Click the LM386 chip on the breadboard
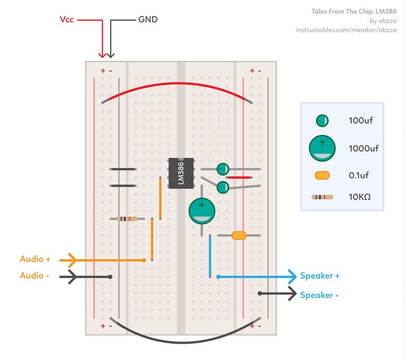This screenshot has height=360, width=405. click(x=180, y=172)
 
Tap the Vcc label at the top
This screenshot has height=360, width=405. click(x=67, y=20)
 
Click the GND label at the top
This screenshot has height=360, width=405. click(x=148, y=20)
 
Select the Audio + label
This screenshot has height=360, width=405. click(x=35, y=259)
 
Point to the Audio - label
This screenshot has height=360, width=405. click(x=34, y=276)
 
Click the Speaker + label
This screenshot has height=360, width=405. click(x=320, y=276)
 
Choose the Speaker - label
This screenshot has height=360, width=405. click(x=319, y=295)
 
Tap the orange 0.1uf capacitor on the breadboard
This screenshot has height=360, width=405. click(x=239, y=235)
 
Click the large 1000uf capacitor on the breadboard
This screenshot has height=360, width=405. click(x=202, y=211)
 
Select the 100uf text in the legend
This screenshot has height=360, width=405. click(x=361, y=121)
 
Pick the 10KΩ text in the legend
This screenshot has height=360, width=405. click(x=359, y=197)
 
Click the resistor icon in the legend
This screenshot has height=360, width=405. click(x=322, y=197)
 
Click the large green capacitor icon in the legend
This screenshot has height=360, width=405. click(x=322, y=148)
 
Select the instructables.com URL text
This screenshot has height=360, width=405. click(x=346, y=30)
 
